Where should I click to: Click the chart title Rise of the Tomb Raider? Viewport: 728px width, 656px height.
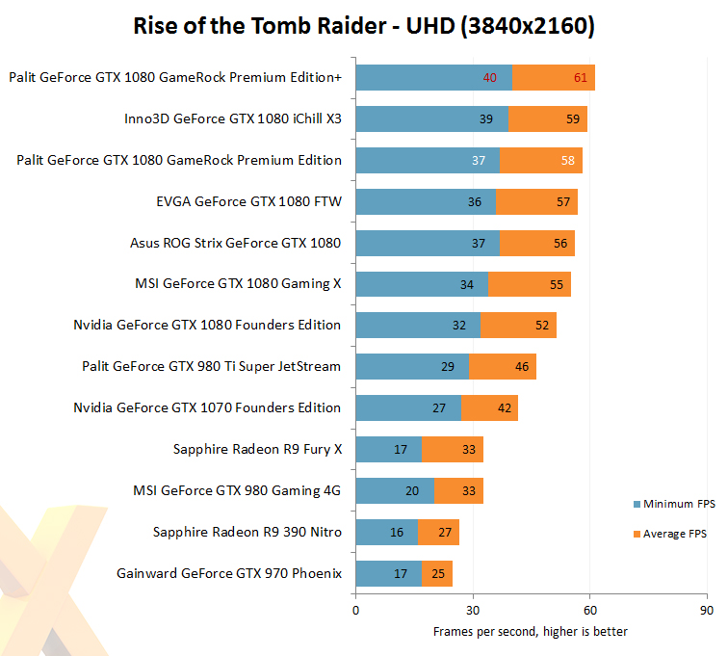(363, 26)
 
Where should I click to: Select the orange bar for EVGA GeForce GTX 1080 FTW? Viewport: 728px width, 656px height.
(536, 201)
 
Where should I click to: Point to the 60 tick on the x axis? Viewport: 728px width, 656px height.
(589, 610)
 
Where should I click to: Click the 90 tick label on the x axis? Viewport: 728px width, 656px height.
(707, 610)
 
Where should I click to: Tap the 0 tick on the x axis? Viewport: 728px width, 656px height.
(356, 610)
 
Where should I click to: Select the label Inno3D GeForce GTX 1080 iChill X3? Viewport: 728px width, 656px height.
(232, 119)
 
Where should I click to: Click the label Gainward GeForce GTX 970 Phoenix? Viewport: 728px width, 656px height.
(229, 574)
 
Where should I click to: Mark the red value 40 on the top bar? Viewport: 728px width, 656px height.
(490, 77)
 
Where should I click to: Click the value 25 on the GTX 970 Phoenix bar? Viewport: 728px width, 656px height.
(438, 574)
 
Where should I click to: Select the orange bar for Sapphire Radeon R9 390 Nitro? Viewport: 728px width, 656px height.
(438, 533)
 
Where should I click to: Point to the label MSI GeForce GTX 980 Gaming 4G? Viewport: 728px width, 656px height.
(237, 491)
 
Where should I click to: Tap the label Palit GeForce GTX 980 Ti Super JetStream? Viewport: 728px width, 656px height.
(212, 367)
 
